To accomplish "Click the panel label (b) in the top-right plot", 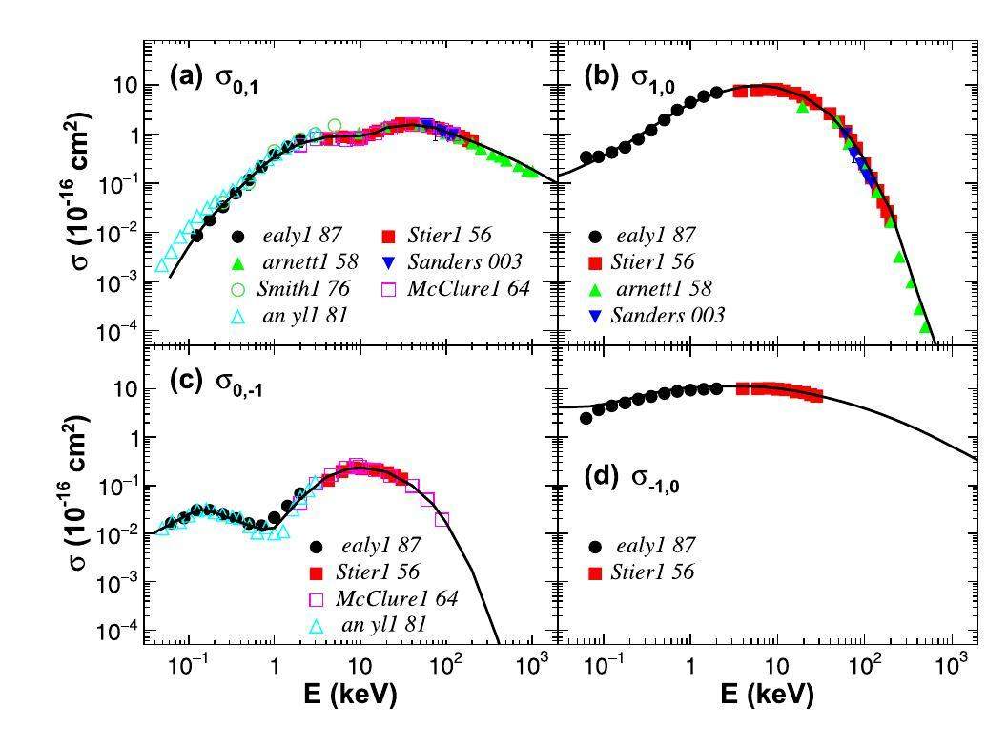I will [x=601, y=77].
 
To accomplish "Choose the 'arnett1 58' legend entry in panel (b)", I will [x=664, y=288].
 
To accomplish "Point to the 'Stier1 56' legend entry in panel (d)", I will [x=654, y=572].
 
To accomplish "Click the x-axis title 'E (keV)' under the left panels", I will [x=349, y=694].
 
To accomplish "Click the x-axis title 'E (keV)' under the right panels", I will [x=767, y=694].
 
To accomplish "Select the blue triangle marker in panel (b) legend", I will [x=596, y=315].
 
